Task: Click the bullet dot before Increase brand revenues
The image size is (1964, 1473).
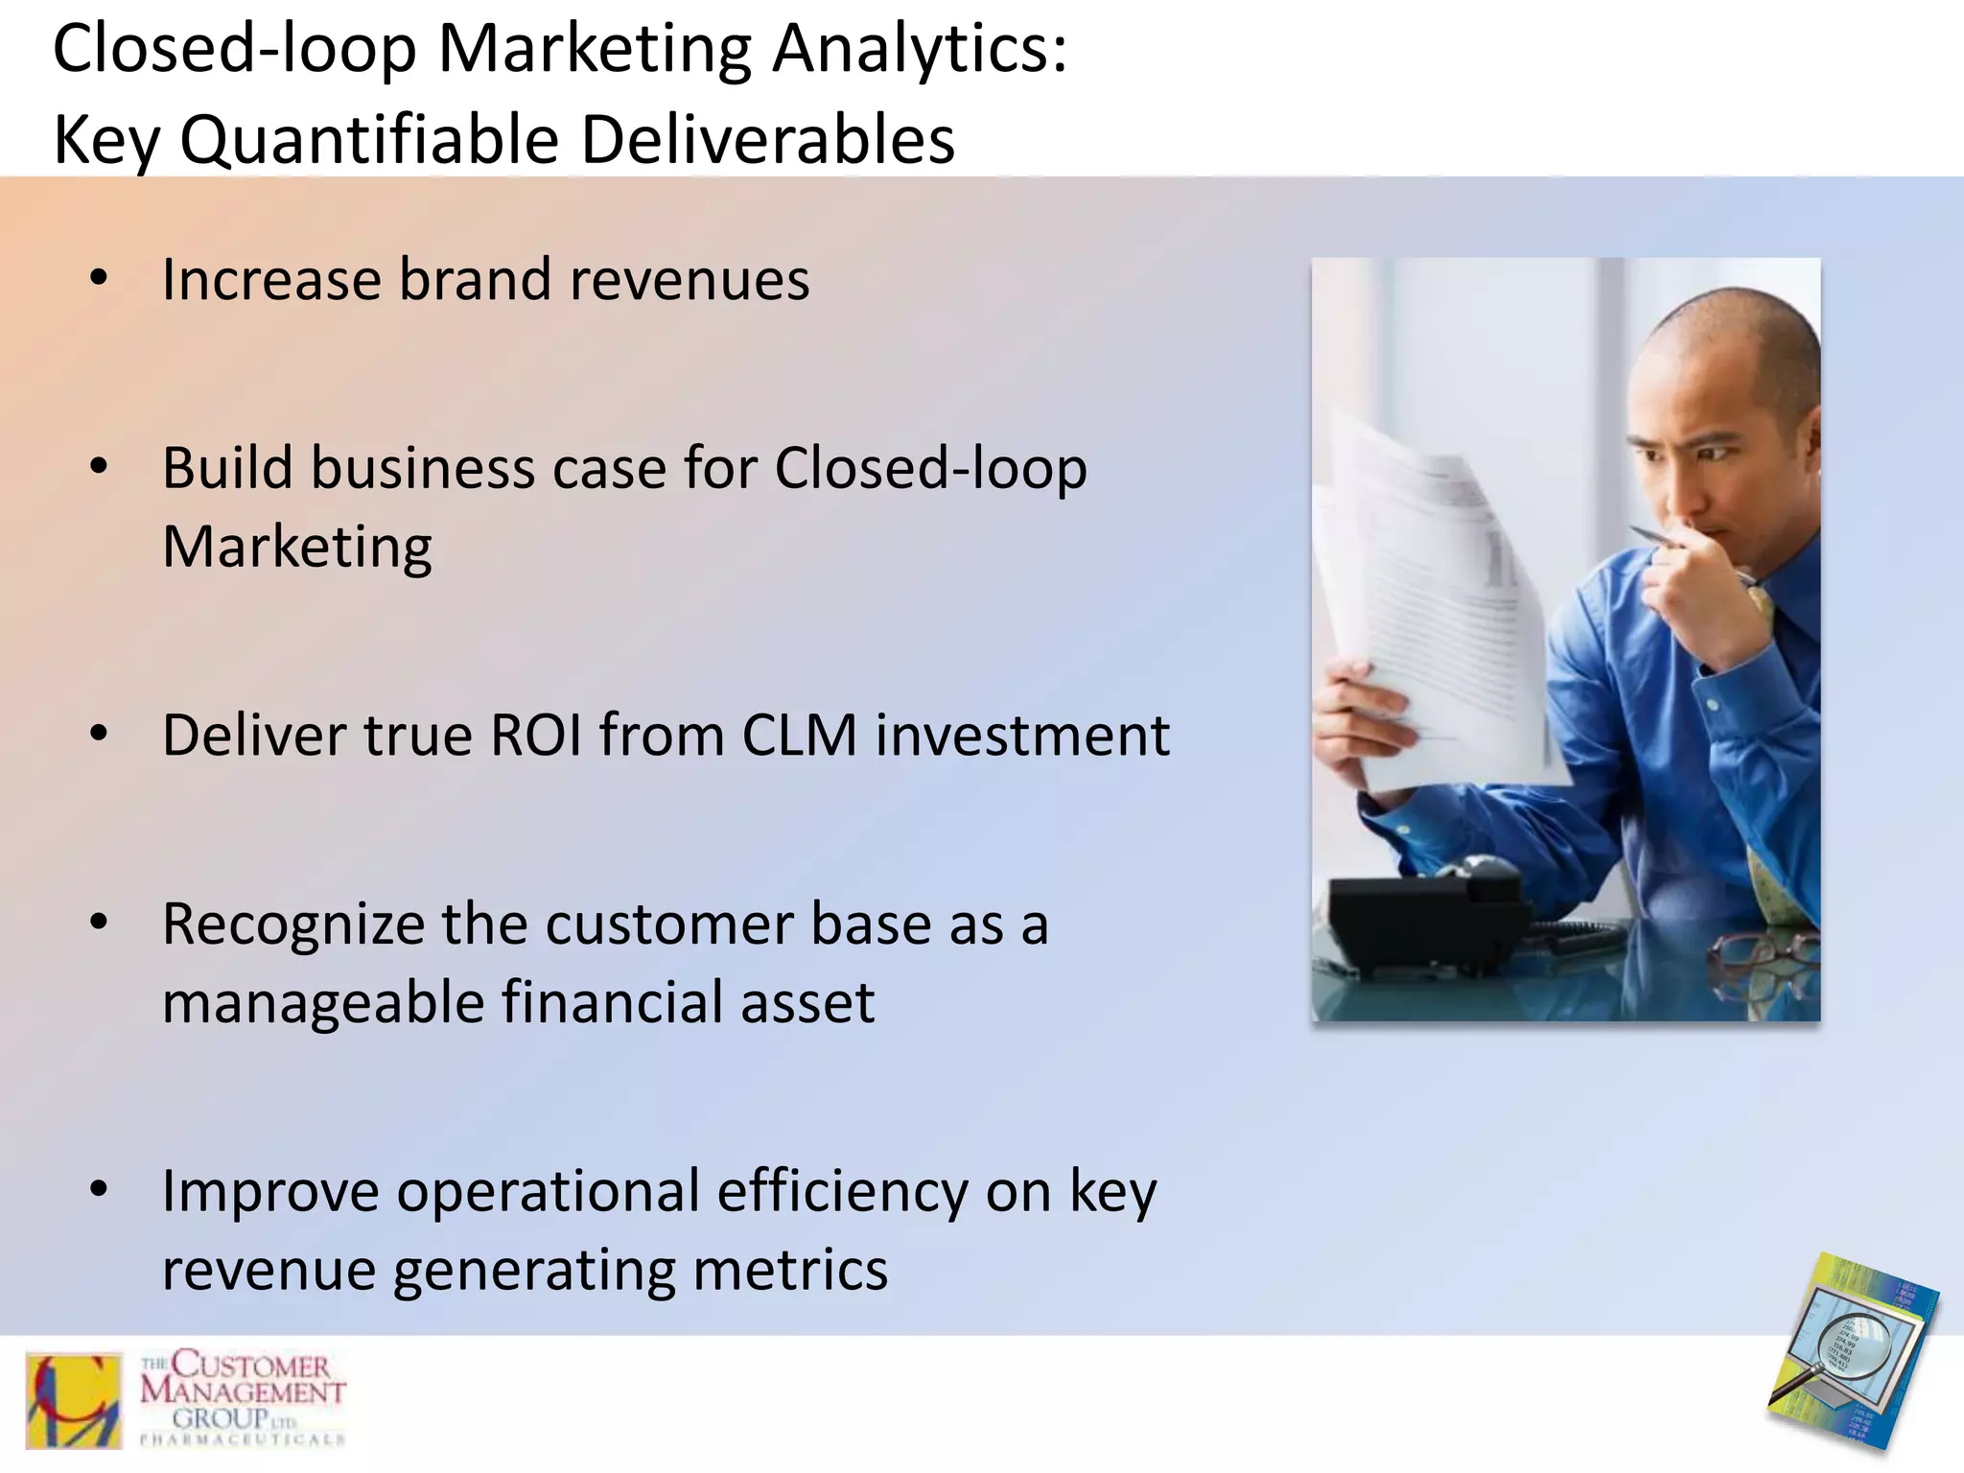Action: tap(99, 279)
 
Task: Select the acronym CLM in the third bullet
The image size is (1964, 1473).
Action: tap(799, 736)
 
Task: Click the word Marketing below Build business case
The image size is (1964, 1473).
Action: tap(297, 548)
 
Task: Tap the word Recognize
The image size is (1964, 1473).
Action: tap(292, 925)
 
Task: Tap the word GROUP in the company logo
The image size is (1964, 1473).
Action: tap(221, 1417)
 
